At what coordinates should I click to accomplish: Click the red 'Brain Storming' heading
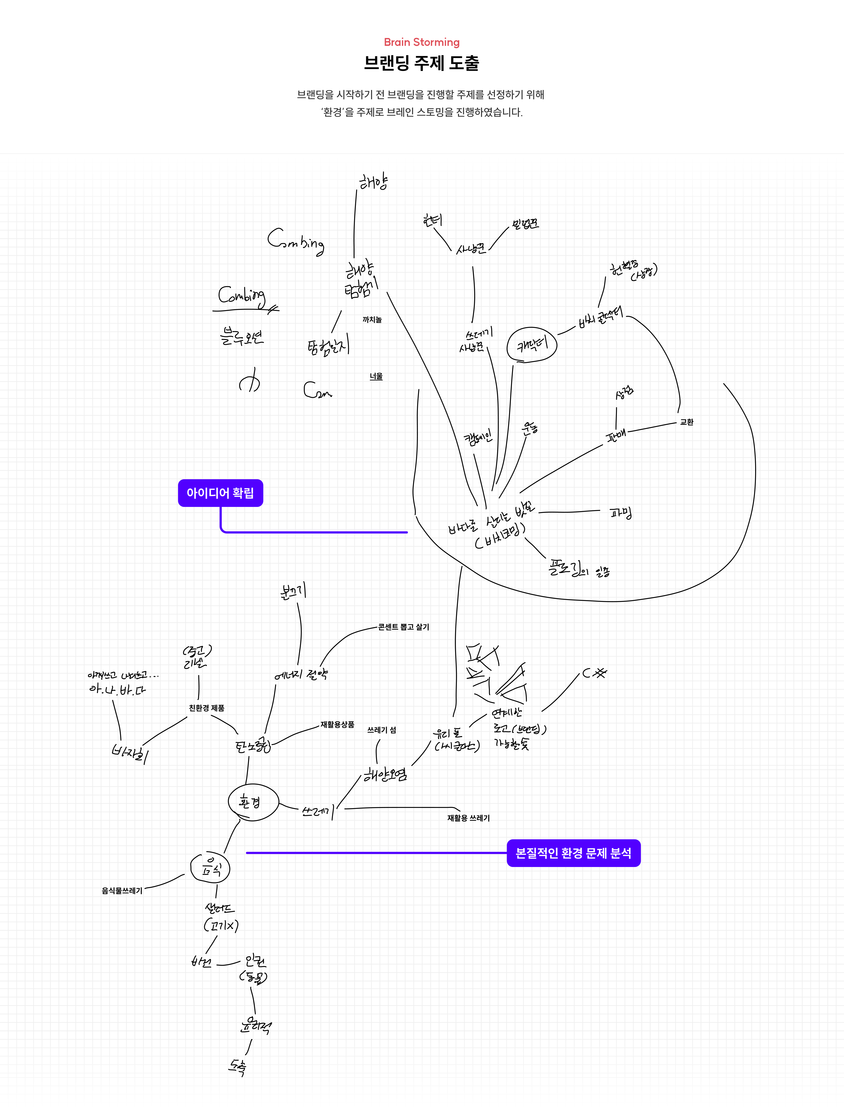click(422, 42)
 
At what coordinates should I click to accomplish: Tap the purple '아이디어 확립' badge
click(220, 493)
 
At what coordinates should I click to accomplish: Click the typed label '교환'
click(686, 422)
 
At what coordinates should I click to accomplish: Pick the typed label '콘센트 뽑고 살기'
click(403, 627)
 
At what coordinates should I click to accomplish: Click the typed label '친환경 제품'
click(206, 708)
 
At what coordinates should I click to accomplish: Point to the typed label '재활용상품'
click(337, 725)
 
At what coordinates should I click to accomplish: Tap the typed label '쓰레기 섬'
click(381, 730)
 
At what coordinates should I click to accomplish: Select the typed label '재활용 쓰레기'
click(468, 818)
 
